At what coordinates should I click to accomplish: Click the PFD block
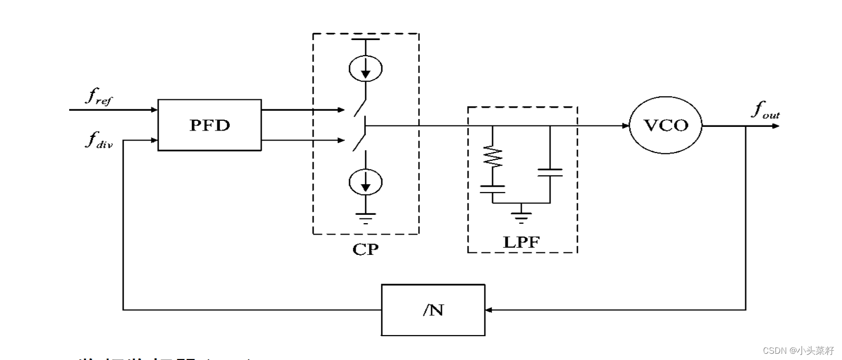click(209, 125)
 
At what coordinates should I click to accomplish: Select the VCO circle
click(665, 125)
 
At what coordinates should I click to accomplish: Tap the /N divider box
click(433, 310)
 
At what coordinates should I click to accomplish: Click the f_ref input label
click(98, 97)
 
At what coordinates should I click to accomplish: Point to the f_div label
click(98, 139)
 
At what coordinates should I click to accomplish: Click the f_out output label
click(765, 110)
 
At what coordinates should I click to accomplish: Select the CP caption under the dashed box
click(365, 250)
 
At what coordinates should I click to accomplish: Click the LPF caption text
click(521, 242)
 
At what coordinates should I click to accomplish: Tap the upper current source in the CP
click(366, 68)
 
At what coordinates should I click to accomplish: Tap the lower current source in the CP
click(366, 182)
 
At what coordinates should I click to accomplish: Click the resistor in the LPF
click(493, 157)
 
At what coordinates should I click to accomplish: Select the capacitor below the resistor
click(493, 189)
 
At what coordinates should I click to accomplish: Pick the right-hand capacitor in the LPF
click(550, 172)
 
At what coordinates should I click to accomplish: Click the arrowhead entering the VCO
click(626, 125)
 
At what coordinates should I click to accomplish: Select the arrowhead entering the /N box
click(489, 310)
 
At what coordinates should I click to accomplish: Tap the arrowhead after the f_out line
click(776, 126)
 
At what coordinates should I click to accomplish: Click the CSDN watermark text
click(798, 351)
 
